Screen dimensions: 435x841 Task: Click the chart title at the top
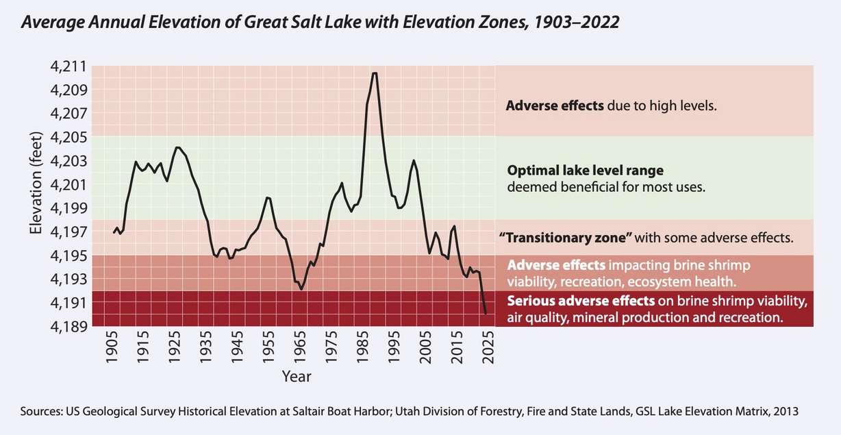[321, 22]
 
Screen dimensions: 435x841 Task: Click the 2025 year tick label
[488, 350]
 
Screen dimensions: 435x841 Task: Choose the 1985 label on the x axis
[362, 350]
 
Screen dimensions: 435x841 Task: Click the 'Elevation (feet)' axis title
[36, 185]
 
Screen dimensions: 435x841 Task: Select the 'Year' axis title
[296, 377]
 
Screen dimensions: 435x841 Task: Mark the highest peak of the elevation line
[374, 73]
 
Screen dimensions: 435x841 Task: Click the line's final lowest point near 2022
[486, 314]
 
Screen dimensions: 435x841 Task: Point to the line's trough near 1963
[301, 289]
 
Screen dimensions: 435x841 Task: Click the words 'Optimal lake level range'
[585, 171]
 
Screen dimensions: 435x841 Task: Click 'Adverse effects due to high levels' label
[611, 106]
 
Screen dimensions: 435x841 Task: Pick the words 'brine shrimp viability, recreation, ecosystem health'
[621, 281]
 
